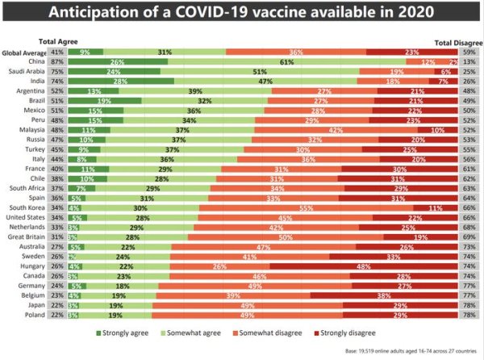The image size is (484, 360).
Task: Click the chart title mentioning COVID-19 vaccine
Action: tap(242, 14)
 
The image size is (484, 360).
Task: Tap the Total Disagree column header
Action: tap(457, 41)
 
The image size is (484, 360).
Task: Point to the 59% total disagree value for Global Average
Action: tap(469, 52)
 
